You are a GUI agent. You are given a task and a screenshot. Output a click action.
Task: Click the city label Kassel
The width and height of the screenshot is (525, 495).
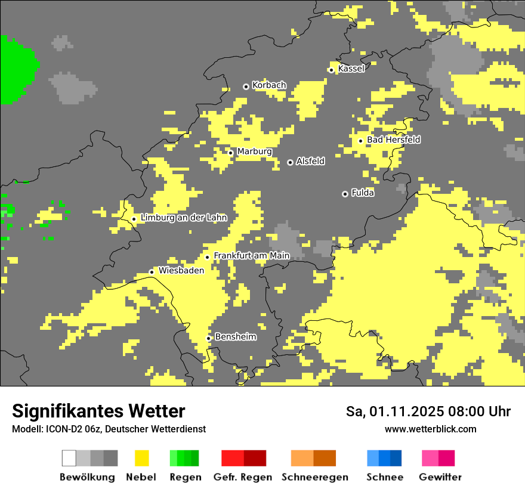351,69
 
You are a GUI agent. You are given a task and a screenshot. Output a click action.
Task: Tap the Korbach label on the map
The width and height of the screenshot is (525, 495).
269,85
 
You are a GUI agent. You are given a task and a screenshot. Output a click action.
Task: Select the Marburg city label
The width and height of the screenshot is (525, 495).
254,151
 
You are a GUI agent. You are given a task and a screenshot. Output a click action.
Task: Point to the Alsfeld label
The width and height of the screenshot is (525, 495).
310,161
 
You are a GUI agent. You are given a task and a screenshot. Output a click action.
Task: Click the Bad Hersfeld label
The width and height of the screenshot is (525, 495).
393,140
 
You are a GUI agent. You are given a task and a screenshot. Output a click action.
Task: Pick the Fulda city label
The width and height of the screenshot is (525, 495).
363,193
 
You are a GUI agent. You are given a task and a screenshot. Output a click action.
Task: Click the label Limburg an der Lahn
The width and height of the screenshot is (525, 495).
184,218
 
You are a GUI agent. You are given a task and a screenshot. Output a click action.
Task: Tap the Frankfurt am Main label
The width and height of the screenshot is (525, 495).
251,255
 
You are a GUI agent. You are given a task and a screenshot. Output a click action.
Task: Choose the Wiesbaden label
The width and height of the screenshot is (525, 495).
181,270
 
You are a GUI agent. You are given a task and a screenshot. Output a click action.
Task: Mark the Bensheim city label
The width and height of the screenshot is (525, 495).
235,337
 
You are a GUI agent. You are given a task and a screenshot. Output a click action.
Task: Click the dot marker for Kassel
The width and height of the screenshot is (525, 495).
331,70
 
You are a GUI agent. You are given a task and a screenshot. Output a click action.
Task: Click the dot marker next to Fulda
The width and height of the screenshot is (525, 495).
345,194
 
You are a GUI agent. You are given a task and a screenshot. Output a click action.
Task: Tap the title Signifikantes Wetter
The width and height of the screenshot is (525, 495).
98,411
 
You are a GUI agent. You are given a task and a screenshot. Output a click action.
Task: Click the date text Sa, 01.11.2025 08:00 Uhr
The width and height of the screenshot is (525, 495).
428,412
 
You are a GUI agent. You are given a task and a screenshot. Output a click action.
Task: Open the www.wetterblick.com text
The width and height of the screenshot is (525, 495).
430,429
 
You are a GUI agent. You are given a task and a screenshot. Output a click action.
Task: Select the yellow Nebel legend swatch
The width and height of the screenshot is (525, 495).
141,458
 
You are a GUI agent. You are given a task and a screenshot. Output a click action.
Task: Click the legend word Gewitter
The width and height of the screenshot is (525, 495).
440,477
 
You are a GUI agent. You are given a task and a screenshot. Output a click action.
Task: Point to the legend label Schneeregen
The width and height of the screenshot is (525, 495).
315,477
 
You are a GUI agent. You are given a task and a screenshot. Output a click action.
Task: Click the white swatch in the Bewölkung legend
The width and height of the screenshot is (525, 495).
69,458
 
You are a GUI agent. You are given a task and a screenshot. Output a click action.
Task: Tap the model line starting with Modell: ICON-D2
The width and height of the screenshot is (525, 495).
109,429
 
